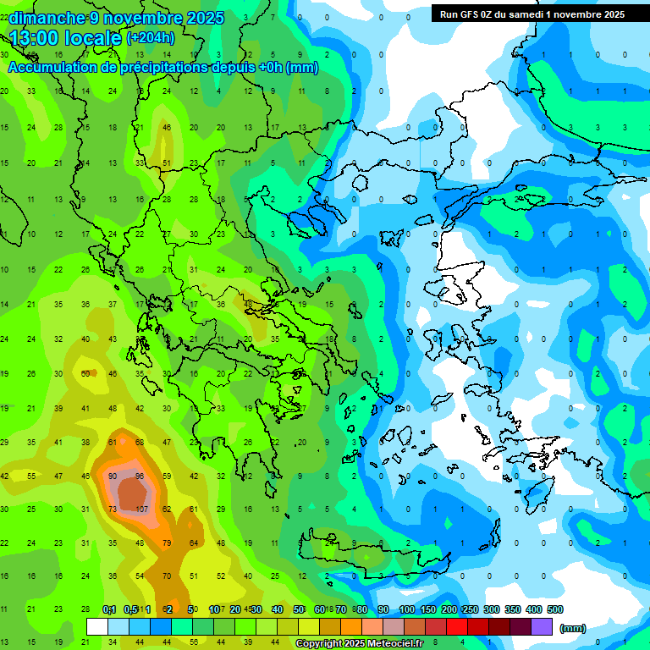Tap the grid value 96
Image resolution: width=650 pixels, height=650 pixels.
tap(140, 476)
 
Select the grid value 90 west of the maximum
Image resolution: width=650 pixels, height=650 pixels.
tap(113, 476)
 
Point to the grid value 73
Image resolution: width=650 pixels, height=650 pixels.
tap(113, 510)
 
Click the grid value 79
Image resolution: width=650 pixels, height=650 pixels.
tap(168, 543)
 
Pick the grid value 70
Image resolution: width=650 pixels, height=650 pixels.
tap(168, 576)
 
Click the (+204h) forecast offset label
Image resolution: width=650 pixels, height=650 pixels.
tap(151, 38)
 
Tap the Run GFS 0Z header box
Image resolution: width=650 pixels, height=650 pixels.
tap(532, 14)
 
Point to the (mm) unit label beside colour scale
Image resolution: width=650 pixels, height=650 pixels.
tap(573, 628)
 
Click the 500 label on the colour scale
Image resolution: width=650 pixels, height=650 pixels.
tap(554, 609)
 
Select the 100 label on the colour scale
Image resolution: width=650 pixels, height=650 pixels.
tap(406, 609)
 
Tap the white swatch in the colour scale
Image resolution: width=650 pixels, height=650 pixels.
tap(97, 627)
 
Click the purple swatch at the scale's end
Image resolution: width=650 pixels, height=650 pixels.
tap(542, 627)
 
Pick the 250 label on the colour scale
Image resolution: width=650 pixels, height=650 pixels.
tap(470, 609)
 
